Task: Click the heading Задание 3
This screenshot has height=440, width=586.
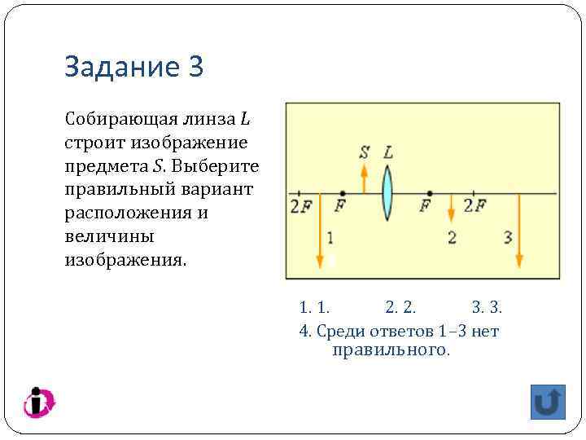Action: [x=133, y=67]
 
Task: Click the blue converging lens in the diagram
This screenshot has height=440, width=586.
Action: [x=387, y=194]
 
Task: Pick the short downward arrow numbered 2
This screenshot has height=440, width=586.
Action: [x=451, y=208]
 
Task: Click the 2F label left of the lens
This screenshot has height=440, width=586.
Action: [x=299, y=205]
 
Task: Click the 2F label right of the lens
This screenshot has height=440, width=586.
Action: [x=474, y=205]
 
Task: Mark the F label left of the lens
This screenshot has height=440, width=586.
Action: [x=339, y=205]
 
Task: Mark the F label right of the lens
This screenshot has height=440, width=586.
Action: [x=425, y=205]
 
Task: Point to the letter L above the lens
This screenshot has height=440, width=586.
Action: [x=388, y=152]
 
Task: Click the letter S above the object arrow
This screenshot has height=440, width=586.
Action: [x=364, y=152]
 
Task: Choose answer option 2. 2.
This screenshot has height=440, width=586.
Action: [x=400, y=307]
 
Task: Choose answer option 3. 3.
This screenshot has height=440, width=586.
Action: [x=487, y=307]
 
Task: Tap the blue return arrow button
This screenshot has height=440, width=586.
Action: [x=548, y=403]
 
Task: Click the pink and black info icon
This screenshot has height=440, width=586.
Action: [x=37, y=403]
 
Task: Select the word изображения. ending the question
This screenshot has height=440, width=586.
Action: [x=125, y=261]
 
